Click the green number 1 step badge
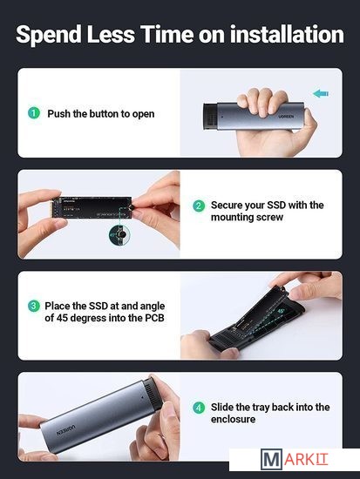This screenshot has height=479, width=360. point(34,113)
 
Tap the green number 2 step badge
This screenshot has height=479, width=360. point(199,206)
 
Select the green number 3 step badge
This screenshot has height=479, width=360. point(34,306)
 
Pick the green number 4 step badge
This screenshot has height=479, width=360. point(199,408)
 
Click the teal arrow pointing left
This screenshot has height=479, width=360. point(321,93)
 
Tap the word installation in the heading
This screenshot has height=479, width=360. point(287,34)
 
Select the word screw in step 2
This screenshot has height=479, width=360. point(269,217)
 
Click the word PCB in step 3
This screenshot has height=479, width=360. point(154,318)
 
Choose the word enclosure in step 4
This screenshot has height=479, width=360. point(233,419)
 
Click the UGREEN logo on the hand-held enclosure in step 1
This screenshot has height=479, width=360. point(286,117)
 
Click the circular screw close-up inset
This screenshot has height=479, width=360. point(119,234)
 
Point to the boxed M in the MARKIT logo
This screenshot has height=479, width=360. point(271,459)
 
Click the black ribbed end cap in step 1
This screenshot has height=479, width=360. point(210,117)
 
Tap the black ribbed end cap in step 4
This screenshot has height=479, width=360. point(153,393)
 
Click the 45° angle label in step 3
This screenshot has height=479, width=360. point(281,311)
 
